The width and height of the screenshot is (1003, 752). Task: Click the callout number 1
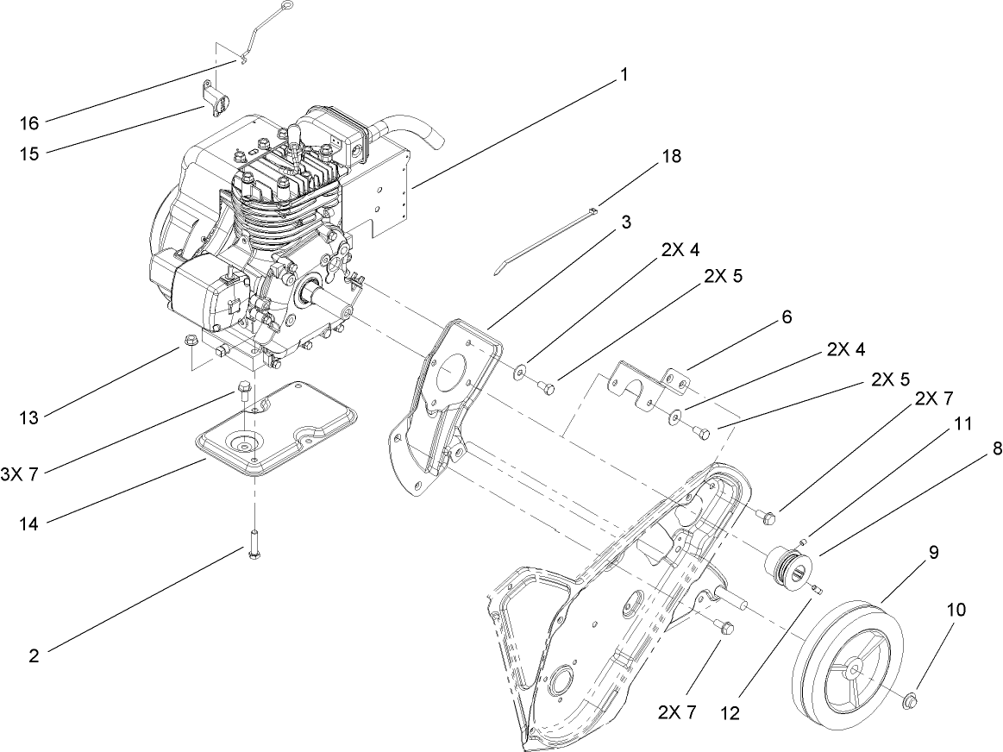pyautogui.click(x=622, y=75)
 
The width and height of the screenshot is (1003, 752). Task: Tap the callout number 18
pyautogui.click(x=670, y=156)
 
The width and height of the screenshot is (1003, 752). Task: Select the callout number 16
pyautogui.click(x=29, y=123)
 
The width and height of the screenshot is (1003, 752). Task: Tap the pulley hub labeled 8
pyautogui.click(x=787, y=567)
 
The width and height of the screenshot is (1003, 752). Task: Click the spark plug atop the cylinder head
pyautogui.click(x=293, y=139)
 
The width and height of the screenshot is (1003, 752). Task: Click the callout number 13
pyautogui.click(x=29, y=418)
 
